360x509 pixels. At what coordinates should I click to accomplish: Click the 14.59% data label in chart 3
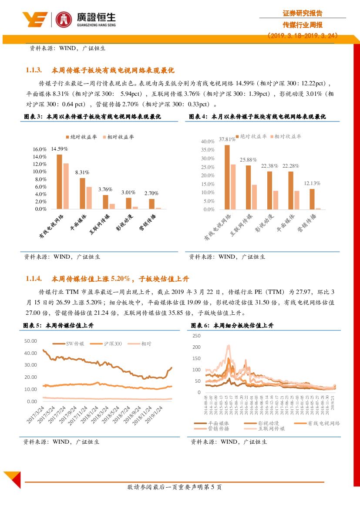click(59, 148)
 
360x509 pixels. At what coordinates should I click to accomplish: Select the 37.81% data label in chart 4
click(227, 139)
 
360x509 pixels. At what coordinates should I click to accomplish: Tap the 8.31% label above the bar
click(82, 172)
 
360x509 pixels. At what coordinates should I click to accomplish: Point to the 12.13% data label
click(312, 183)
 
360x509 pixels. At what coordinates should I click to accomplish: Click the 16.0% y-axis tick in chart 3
click(40, 149)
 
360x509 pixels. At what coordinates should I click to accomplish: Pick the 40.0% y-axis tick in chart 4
click(208, 142)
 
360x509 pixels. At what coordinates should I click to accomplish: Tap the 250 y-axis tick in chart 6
click(196, 336)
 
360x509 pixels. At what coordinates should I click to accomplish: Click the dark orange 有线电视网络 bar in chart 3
click(59, 182)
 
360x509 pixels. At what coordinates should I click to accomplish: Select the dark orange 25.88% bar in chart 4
click(248, 187)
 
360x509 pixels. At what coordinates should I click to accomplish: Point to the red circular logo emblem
click(64, 19)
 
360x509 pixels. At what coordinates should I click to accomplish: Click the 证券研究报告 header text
click(303, 13)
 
